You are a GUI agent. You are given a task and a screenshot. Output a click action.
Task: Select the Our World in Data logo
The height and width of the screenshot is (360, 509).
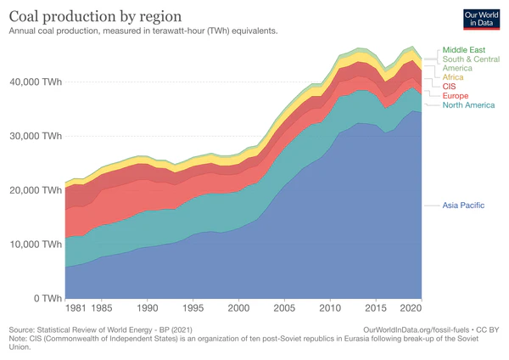(x=481, y=20)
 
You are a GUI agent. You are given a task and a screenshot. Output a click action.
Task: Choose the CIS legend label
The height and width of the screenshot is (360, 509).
(x=450, y=87)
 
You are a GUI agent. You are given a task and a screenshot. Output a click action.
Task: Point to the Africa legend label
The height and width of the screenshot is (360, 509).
(x=454, y=77)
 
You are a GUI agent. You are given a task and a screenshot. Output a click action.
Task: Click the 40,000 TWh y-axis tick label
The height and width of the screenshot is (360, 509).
(x=34, y=82)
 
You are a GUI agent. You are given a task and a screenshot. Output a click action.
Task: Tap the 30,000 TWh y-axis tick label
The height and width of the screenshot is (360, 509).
(x=34, y=136)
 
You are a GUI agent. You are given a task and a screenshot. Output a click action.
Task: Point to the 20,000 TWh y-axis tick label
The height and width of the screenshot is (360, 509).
(x=34, y=190)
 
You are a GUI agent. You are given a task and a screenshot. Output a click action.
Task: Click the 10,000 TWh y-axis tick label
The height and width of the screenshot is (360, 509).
(x=34, y=245)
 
